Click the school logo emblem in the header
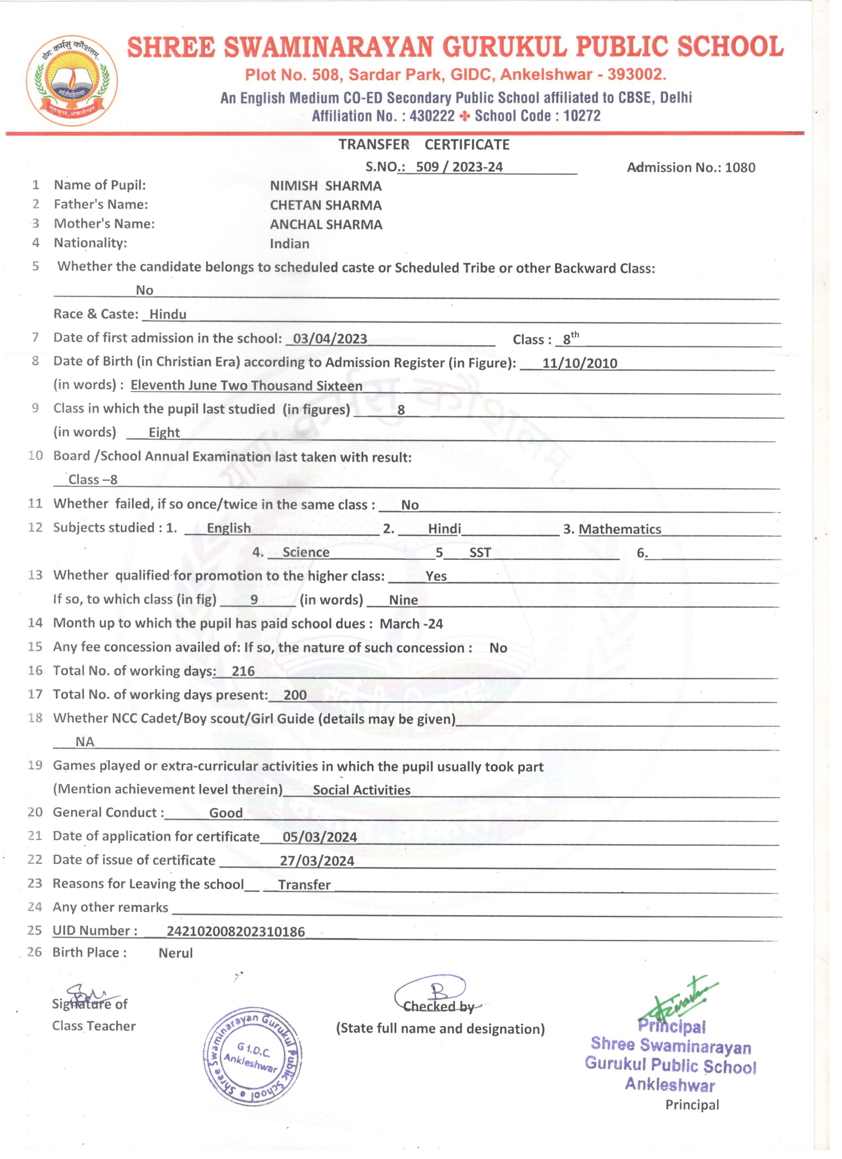72,80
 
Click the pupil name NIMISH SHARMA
326,186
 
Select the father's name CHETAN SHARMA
326,206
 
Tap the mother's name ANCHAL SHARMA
326,225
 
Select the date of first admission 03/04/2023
330,339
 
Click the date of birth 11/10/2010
579,363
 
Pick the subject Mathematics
619,529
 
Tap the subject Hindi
444,529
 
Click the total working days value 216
243,672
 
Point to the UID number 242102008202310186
235,932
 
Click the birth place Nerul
176,953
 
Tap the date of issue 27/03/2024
317,861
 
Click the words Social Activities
362,790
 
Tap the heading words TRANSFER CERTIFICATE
424,145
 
